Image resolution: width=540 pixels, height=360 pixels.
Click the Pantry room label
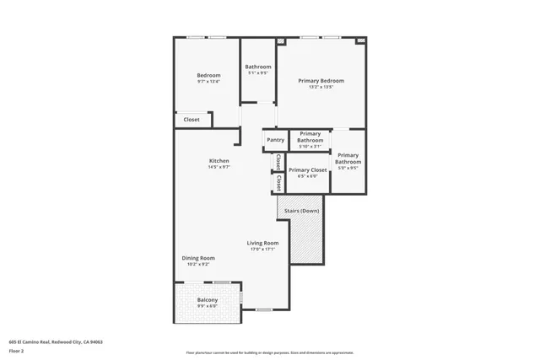[275, 140]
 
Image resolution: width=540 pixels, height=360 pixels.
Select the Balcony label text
[208, 300]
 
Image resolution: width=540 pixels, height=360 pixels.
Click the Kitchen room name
[219, 161]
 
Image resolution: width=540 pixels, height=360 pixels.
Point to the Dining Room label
[198, 258]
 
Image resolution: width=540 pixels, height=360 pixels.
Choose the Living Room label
[262, 243]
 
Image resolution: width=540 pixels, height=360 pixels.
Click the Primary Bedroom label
[321, 81]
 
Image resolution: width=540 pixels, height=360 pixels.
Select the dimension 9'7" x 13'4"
[208, 82]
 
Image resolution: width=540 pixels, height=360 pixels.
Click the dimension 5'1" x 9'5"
[258, 73]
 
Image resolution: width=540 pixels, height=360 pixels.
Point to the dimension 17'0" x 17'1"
[262, 250]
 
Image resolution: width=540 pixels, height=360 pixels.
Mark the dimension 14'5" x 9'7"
[219, 168]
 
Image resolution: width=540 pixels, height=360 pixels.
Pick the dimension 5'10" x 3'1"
[310, 147]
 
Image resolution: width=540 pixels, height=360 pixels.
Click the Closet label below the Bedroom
[192, 120]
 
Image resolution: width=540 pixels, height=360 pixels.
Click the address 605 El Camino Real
[55, 341]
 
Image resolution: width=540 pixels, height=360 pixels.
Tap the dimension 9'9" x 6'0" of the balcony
[208, 307]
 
